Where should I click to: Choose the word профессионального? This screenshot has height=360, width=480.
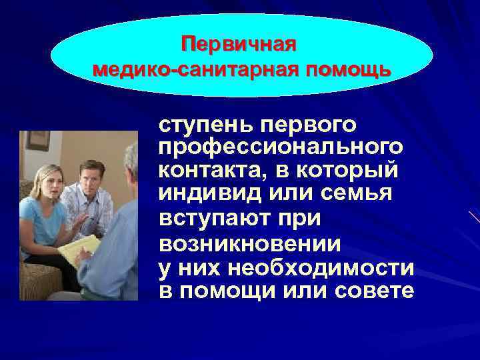click(x=280, y=147)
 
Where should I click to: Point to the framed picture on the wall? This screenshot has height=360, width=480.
click(x=38, y=139)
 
